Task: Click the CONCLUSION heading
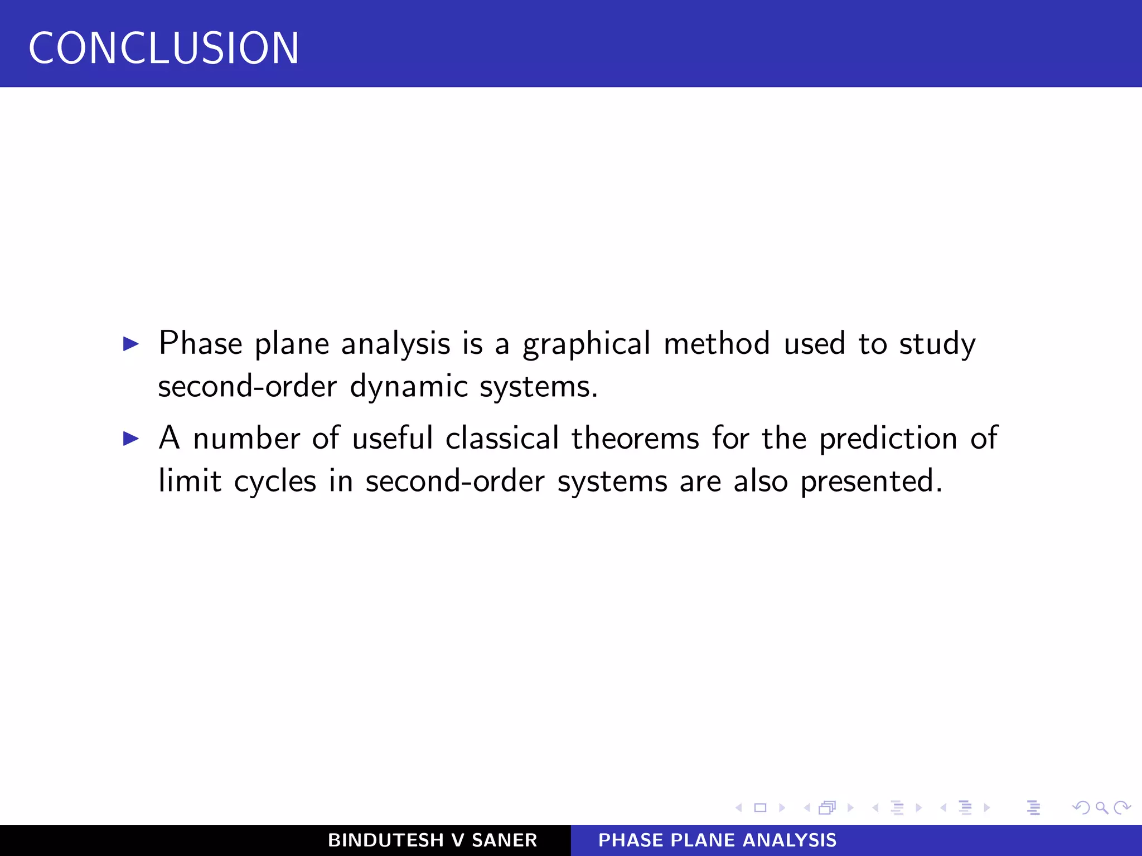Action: (163, 48)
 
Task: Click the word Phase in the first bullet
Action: (200, 343)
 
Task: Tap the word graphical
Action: (586, 344)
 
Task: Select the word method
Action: (717, 343)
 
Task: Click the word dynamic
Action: (409, 387)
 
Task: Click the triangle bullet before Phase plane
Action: (130, 344)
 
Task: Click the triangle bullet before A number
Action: (130, 439)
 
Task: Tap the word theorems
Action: (635, 438)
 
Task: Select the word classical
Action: (502, 438)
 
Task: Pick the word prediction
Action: (888, 439)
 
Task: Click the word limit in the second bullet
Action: (190, 481)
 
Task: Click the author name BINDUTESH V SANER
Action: (432, 840)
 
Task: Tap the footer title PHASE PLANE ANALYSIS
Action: (717, 840)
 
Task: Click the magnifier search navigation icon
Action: (1101, 808)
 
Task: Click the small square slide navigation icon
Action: (760, 808)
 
